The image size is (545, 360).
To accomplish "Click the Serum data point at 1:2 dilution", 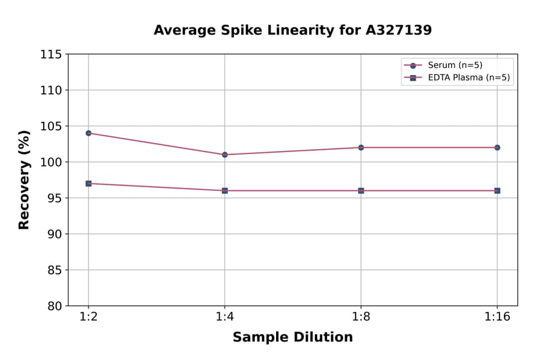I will coord(88,133).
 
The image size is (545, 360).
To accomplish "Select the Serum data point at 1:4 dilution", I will coord(225,155).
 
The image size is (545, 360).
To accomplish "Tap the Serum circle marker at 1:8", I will coord(361,147).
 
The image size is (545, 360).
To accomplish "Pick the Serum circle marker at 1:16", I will coord(497,147).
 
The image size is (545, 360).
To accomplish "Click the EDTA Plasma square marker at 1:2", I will coord(88,183).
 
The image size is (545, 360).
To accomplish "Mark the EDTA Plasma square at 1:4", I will coord(225,190).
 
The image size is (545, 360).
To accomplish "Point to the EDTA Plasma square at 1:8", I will coord(361,190).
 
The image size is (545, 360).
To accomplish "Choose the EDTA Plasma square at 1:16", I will coord(497,190).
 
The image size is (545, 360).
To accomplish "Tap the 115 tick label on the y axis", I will coord(51,55).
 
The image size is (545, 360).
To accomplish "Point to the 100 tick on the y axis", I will coord(51,162).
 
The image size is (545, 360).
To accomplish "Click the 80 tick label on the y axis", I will coord(54,306).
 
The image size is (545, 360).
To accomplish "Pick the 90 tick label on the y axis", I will coord(54,234).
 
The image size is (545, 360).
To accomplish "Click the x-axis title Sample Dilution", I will coord(292,338).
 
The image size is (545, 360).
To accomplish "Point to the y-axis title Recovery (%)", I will coord(24,180).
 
